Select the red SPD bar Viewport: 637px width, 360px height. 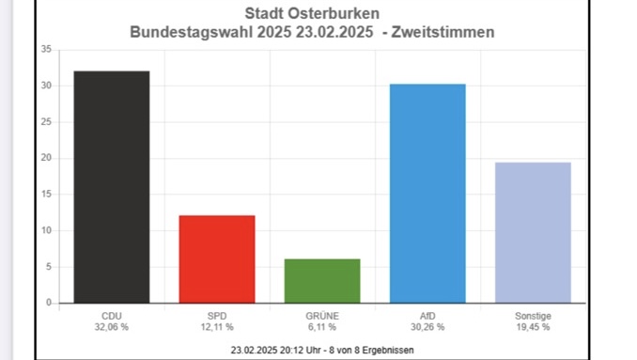[216, 258]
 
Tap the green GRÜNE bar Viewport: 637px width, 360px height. [322, 280]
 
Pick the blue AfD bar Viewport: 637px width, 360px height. [427, 193]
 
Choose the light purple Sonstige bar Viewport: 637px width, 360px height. [533, 232]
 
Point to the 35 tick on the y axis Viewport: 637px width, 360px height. [46, 49]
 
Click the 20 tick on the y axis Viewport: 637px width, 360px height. [46, 158]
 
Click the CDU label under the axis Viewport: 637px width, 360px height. [111, 316]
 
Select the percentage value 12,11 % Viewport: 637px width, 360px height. [216, 327]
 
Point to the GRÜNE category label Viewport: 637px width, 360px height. [322, 316]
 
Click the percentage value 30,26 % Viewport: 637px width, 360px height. [427, 327]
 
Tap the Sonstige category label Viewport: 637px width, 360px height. [533, 316]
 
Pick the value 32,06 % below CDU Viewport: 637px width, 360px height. [111, 327]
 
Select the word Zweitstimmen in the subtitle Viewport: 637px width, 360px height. [449, 32]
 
